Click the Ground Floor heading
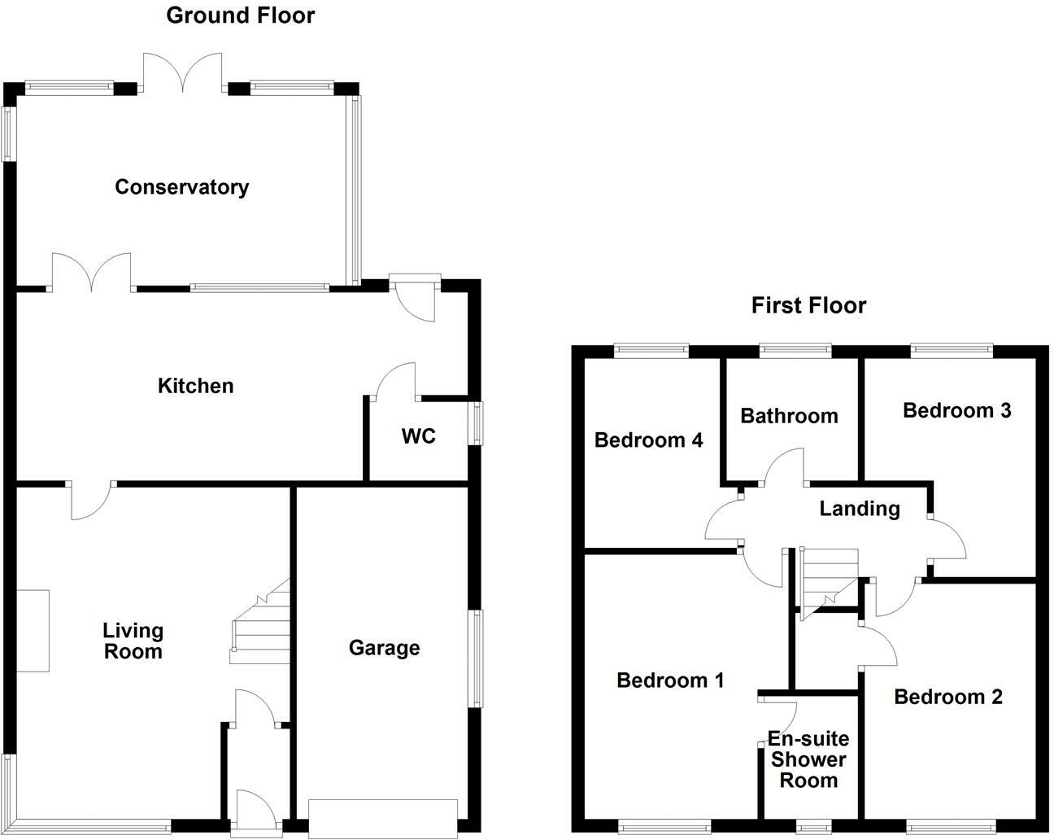click(x=240, y=15)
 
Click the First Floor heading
click(x=808, y=305)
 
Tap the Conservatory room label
click(x=181, y=187)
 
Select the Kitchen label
click(x=195, y=386)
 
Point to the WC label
click(x=418, y=436)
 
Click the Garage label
click(x=384, y=648)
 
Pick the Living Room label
click(x=133, y=641)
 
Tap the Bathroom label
click(x=789, y=416)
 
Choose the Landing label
click(x=859, y=509)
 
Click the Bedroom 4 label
click(x=648, y=440)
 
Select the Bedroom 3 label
click(x=956, y=410)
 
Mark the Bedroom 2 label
click(x=947, y=697)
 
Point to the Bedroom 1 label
click(x=670, y=680)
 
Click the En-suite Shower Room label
click(x=808, y=759)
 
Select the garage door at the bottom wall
click(x=383, y=818)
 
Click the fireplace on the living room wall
click(x=33, y=631)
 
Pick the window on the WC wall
click(x=479, y=422)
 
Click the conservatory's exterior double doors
click(x=182, y=72)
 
